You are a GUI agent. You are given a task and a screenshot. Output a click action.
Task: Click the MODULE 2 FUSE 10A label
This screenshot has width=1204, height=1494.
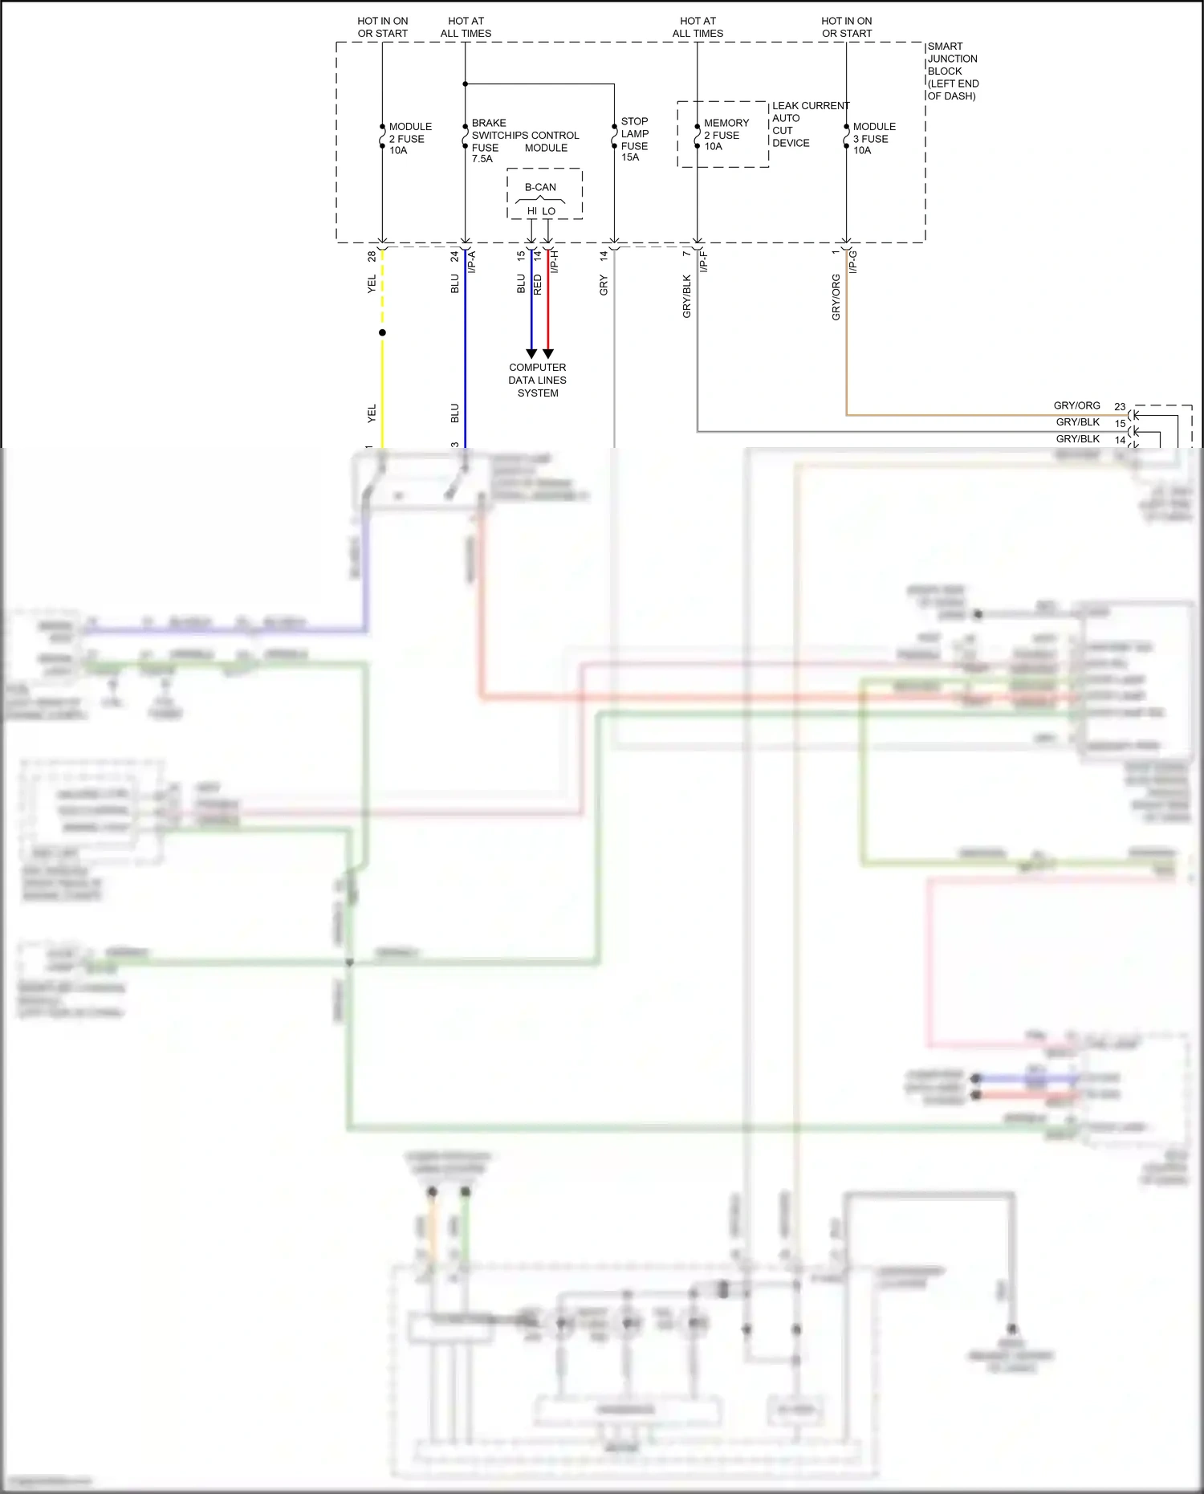(x=409, y=138)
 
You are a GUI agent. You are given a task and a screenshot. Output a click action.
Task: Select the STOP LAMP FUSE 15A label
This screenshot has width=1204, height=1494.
(x=634, y=140)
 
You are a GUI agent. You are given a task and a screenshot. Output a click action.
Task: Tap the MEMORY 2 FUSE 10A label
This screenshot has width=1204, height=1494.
(x=726, y=135)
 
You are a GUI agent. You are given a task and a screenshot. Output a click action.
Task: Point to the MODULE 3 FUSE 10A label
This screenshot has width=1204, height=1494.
(x=873, y=138)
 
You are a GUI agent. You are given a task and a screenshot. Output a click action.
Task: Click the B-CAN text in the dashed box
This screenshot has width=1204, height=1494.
(x=540, y=187)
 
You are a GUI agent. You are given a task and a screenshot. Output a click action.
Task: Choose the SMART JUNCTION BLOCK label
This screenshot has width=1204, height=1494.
(x=953, y=71)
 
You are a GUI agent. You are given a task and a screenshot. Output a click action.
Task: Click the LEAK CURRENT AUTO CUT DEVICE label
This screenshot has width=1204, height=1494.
(x=809, y=124)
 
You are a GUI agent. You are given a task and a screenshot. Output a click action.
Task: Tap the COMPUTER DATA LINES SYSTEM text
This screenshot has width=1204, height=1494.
(x=537, y=380)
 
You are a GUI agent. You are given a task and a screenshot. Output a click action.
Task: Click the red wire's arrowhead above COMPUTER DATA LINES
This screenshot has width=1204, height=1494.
(x=548, y=353)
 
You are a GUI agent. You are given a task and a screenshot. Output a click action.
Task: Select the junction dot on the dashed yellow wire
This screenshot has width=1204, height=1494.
(x=382, y=332)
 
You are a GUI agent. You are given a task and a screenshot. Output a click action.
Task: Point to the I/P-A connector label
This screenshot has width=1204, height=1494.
(x=472, y=262)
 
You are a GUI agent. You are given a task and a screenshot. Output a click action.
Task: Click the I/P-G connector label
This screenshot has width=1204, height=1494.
(x=853, y=262)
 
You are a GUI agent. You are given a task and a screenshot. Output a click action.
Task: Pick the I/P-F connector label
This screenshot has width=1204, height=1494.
(x=704, y=261)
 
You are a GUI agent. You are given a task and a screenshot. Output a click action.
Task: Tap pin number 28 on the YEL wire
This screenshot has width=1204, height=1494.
(x=372, y=256)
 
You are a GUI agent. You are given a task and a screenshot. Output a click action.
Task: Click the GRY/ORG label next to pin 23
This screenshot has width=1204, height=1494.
(x=1076, y=405)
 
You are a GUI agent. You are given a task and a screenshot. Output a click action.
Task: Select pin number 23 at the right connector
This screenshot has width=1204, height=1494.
(x=1120, y=407)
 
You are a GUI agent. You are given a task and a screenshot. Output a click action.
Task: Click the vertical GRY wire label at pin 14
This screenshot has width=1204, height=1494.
(x=604, y=285)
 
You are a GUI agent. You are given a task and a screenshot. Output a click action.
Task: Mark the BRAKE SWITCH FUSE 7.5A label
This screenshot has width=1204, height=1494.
(x=486, y=140)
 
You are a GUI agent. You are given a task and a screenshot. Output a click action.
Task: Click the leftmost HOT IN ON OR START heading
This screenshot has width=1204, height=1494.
(x=383, y=27)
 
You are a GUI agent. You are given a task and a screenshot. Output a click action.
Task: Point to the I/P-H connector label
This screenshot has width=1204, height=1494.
(x=554, y=262)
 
